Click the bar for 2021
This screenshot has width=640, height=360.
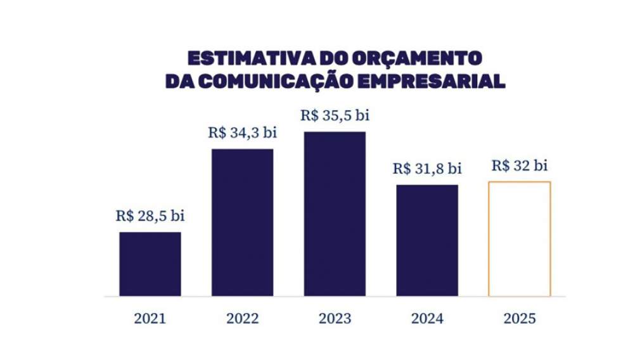(x=150, y=264)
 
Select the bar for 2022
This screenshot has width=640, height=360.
(x=242, y=222)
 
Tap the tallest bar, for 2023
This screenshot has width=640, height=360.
(x=335, y=214)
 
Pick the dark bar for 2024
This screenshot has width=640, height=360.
(x=427, y=240)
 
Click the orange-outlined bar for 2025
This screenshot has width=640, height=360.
(x=520, y=239)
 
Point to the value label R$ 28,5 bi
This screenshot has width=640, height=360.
(x=150, y=216)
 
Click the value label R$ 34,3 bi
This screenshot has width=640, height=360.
(x=243, y=133)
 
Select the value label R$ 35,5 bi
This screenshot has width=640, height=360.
(x=335, y=116)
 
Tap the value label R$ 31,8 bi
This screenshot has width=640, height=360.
(x=427, y=169)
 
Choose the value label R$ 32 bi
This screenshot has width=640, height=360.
(x=520, y=166)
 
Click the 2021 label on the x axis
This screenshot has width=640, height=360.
(x=150, y=318)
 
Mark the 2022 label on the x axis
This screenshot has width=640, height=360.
(x=242, y=318)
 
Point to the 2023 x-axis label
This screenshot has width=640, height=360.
(x=335, y=318)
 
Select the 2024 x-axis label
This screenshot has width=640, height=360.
(x=427, y=318)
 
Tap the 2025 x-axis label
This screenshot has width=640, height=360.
(x=520, y=318)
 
